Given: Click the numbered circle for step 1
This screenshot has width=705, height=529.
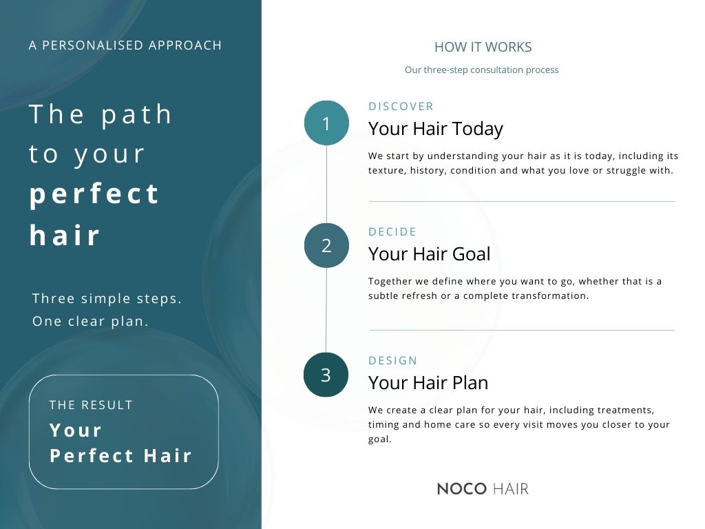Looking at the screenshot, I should pyautogui.click(x=326, y=123).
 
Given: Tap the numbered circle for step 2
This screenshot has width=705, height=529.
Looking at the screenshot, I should pyautogui.click(x=326, y=245).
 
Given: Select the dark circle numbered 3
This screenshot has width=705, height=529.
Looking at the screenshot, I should pyautogui.click(x=326, y=375).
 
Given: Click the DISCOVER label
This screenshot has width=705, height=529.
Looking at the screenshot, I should pyautogui.click(x=401, y=106).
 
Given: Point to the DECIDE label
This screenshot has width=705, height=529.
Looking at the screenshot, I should pyautogui.click(x=392, y=232).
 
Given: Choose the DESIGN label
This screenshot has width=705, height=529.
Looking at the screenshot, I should pyautogui.click(x=393, y=360).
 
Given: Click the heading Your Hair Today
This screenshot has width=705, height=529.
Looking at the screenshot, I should pyautogui.click(x=436, y=129).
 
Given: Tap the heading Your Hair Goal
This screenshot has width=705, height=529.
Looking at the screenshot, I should pyautogui.click(x=430, y=254).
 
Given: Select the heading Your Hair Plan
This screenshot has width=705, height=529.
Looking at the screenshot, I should pyautogui.click(x=428, y=382).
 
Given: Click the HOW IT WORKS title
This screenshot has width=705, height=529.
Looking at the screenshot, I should pyautogui.click(x=483, y=48).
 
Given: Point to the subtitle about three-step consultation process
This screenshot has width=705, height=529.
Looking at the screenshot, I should pyautogui.click(x=481, y=70).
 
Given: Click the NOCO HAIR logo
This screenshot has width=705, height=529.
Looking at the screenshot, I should pyautogui.click(x=483, y=489).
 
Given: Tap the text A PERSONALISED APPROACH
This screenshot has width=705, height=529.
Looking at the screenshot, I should pyautogui.click(x=125, y=45).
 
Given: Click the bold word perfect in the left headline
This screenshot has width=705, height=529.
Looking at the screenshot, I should pyautogui.click(x=95, y=194).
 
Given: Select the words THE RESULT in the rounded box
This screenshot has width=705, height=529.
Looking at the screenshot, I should pyautogui.click(x=91, y=405).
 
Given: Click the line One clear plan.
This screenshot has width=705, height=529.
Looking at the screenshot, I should pyautogui.click(x=91, y=321).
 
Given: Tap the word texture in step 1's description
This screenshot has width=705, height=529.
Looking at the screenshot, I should pyautogui.click(x=386, y=170).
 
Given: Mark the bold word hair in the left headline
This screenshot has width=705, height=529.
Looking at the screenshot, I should pyautogui.click(x=65, y=236).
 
